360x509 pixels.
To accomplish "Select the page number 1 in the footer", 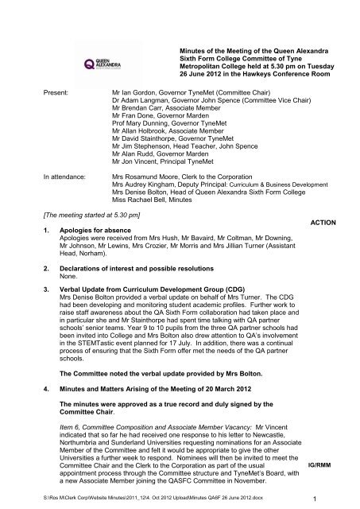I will (x=337, y=498).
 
